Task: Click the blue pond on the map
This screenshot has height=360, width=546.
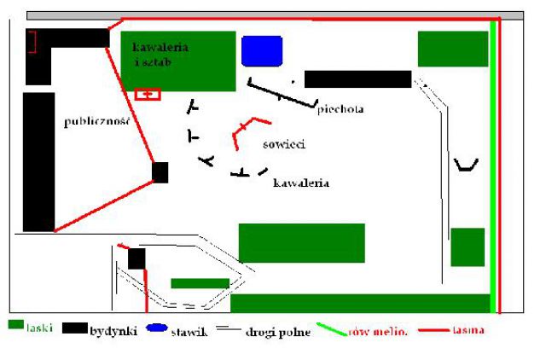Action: tap(262, 51)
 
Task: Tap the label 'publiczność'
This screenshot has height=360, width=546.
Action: tap(96, 121)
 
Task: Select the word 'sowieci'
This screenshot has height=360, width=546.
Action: tap(284, 144)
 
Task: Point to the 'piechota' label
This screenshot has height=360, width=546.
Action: tap(340, 109)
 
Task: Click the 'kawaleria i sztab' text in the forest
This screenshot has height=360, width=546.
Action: tap(160, 55)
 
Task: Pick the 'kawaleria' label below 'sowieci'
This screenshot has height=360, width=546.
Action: tap(301, 183)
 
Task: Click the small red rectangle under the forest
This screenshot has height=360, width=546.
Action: tap(148, 95)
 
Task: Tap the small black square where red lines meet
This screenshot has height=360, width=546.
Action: tap(160, 172)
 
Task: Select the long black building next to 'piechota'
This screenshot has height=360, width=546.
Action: tap(358, 79)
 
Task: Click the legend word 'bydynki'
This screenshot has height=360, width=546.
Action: tap(113, 331)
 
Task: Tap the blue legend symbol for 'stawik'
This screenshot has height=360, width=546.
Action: tap(157, 328)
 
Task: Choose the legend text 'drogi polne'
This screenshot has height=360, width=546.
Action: tap(278, 332)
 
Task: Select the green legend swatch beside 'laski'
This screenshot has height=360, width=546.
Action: tap(16, 324)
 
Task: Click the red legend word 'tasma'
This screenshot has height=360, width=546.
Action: tap(468, 329)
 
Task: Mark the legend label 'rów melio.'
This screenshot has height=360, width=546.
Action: tap(377, 332)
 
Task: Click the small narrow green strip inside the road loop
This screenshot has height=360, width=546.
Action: tap(200, 283)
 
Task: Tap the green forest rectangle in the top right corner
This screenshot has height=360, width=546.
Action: tap(453, 49)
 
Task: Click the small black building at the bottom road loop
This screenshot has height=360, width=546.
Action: tap(136, 258)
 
